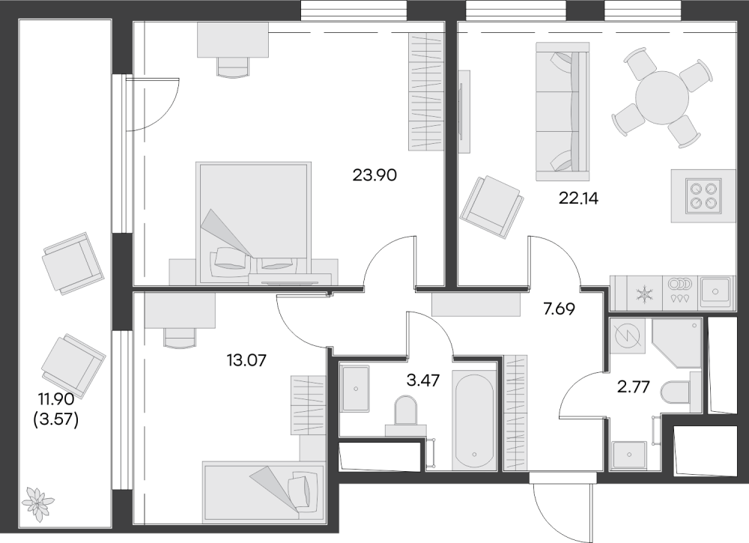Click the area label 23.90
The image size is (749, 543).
coord(374,176)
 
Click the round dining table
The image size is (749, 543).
coord(662,97)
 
